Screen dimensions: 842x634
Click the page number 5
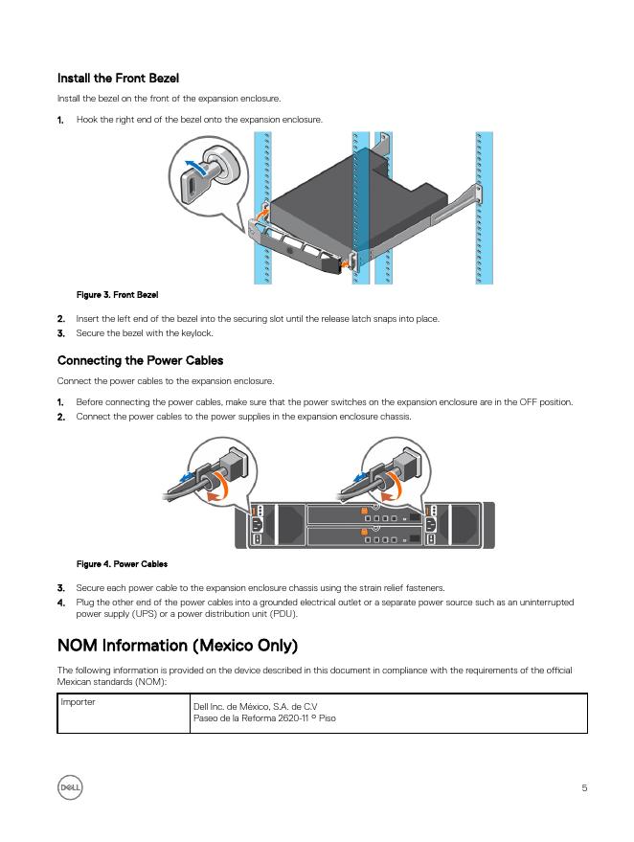pos(584,788)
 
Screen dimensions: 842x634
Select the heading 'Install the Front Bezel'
pos(118,78)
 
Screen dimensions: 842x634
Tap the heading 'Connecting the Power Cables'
pos(140,360)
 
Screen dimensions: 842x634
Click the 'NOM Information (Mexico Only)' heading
pos(177,644)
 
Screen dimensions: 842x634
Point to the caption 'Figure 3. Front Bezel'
pos(117,295)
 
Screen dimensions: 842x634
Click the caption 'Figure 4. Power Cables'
pos(122,563)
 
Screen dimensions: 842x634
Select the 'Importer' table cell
pos(78,703)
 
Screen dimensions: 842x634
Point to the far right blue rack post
pos(484,207)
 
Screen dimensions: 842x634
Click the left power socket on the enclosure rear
pos(257,523)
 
